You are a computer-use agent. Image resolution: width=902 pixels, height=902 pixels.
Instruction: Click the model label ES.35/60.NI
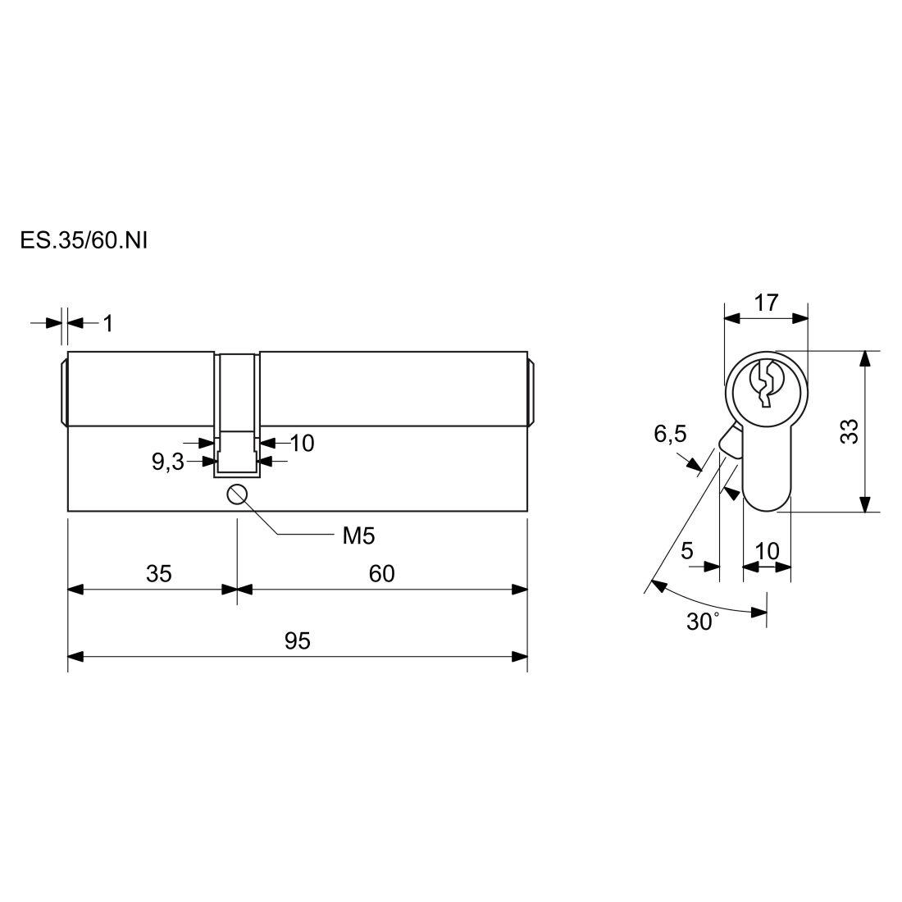[x=84, y=240]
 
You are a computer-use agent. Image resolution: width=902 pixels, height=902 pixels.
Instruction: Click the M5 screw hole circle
[x=237, y=494]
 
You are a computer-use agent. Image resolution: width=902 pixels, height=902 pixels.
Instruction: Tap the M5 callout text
[x=358, y=536]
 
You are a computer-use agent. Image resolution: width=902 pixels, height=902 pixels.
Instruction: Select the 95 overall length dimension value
[x=298, y=641]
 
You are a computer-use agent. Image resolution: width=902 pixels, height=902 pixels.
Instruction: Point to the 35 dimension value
[x=159, y=573]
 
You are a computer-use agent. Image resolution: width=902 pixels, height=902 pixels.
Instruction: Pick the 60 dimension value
[x=382, y=573]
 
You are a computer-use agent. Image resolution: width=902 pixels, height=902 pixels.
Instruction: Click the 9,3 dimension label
[x=168, y=462]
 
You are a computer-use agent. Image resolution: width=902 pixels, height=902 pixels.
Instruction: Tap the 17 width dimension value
[x=766, y=303]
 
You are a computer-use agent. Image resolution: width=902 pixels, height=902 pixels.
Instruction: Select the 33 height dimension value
[x=849, y=430]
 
